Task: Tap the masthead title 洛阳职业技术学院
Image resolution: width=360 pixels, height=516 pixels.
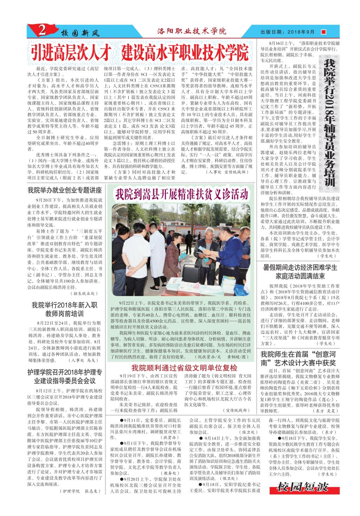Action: click(x=192, y=32)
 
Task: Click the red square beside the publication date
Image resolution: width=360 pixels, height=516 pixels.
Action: click(x=323, y=32)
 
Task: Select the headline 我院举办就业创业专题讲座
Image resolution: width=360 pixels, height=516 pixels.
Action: click(x=65, y=191)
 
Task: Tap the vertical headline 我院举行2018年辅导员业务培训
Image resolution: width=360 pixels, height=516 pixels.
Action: click(x=329, y=123)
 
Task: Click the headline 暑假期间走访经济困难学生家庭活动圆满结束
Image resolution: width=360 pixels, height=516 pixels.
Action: click(x=300, y=271)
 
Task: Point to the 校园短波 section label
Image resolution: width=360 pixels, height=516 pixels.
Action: click(x=302, y=487)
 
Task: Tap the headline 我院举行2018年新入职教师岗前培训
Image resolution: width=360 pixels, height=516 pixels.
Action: click(x=65, y=309)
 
